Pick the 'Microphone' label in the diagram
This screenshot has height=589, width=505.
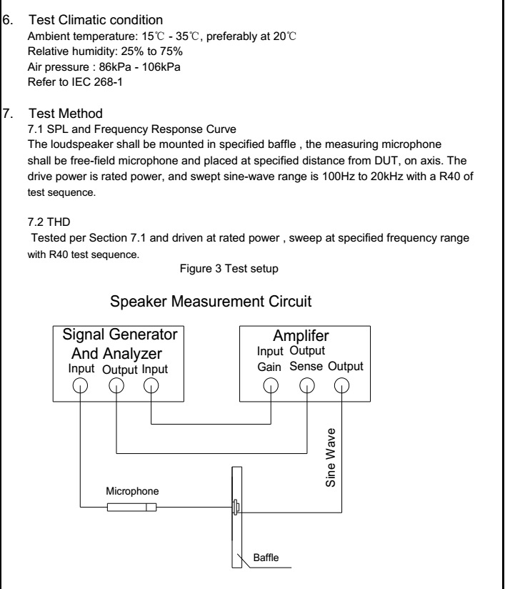132,492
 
